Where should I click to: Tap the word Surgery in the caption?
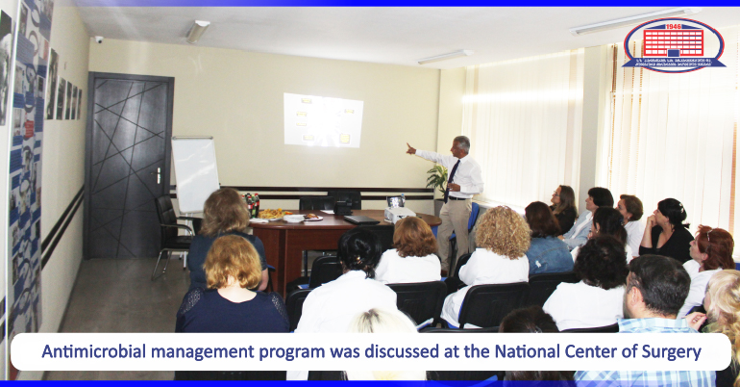[x=669, y=351]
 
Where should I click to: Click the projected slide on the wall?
[x=323, y=120]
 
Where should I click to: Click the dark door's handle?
[x=158, y=175]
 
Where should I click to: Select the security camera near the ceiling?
[x=98, y=39]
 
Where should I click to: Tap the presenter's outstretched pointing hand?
[x=410, y=148]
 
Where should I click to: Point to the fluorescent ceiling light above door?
[x=197, y=32]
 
